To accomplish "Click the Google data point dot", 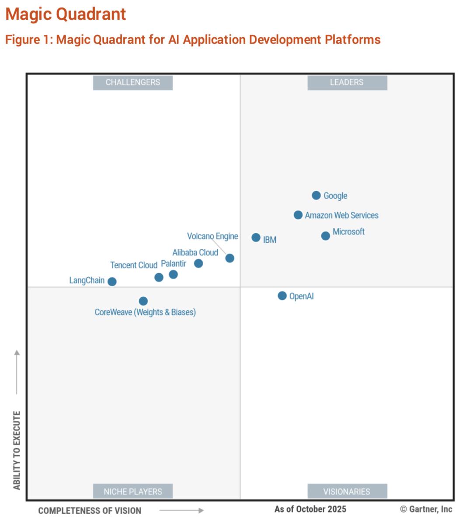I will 316,195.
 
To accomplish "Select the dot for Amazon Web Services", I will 298,215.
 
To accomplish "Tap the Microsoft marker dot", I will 326,236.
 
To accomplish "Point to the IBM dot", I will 256,237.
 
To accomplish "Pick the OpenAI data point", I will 282,296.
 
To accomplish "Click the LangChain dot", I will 112,282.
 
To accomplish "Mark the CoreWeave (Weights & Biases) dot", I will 143,301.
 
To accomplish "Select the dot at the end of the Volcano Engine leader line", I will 230,258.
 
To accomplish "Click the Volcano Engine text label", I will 212,236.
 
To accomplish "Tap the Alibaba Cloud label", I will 195,252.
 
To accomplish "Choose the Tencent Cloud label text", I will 133,265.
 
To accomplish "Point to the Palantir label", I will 174,263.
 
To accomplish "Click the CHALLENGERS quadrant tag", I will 133,82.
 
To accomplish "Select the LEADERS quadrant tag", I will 347,82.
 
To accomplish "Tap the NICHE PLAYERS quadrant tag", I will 133,491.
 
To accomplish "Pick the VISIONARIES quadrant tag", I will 347,491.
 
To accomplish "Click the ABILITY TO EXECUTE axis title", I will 17,450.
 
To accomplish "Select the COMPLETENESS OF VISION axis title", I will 90,510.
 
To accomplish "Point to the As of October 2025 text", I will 310,509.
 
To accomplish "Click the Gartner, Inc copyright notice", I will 426,509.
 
